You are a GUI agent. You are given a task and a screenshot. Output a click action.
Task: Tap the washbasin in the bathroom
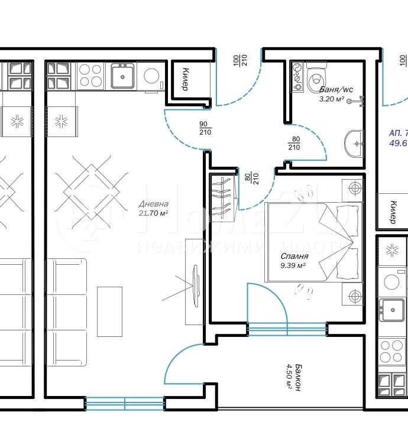coord(355,142)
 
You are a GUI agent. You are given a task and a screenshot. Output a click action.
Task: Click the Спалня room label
coord(294,257)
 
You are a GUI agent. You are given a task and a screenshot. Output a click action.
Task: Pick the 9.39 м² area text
coord(293,266)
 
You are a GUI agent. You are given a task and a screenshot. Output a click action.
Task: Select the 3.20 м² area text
coord(332,99)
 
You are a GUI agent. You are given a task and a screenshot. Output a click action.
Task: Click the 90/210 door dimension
coord(205,128)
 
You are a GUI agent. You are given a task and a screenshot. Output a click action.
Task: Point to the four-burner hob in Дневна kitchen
coord(90,76)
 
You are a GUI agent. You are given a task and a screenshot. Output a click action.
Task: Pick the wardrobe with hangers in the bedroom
coord(222,194)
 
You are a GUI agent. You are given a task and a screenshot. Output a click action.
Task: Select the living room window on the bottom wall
coord(125,404)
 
